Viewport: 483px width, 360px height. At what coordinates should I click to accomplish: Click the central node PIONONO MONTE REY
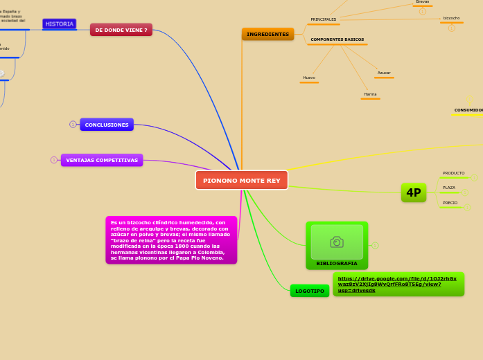pyautogui.click(x=241, y=180)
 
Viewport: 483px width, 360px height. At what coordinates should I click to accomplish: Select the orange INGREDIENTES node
pyautogui.click(x=267, y=34)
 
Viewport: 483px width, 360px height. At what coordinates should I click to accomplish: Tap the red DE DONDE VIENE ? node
pyautogui.click(x=121, y=30)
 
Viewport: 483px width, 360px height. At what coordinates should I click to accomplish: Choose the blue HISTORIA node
pyautogui.click(x=60, y=24)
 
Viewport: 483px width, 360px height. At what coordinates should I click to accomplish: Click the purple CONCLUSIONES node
pyautogui.click(x=107, y=125)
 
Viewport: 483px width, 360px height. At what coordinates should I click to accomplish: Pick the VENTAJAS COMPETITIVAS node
pyautogui.click(x=102, y=160)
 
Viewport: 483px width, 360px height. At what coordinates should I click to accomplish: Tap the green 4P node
pyautogui.click(x=414, y=192)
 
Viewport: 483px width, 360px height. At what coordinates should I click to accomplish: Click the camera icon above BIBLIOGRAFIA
pyautogui.click(x=337, y=242)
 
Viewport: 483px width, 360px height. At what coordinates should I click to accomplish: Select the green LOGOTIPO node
pyautogui.click(x=310, y=291)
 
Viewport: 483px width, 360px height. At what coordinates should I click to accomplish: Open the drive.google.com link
pyautogui.click(x=397, y=284)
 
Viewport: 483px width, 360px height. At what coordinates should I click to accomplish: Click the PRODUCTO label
pyautogui.click(x=454, y=173)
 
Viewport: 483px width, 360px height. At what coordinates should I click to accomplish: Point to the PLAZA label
pyautogui.click(x=449, y=188)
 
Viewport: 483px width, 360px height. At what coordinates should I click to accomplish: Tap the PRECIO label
pyautogui.click(x=450, y=203)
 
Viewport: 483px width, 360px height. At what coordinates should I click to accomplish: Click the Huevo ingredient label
pyautogui.click(x=309, y=78)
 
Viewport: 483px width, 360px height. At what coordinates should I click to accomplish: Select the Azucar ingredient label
pyautogui.click(x=384, y=73)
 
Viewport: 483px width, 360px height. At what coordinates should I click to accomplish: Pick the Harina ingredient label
pyautogui.click(x=370, y=94)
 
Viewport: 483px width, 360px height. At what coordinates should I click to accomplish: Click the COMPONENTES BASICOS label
pyautogui.click(x=337, y=39)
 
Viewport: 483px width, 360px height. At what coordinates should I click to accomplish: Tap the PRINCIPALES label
pyautogui.click(x=323, y=19)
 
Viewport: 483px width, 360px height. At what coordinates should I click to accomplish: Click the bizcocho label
pyautogui.click(x=451, y=18)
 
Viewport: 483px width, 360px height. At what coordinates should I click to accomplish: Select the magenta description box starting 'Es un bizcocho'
pyautogui.click(x=171, y=240)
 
